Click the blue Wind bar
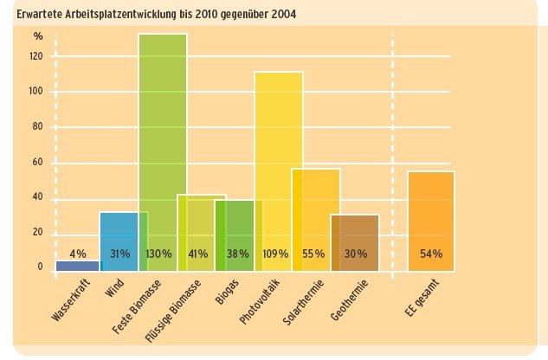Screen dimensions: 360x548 click(x=119, y=234)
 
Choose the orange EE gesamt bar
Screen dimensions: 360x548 click(x=430, y=216)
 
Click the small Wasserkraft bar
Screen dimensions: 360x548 click(x=78, y=267)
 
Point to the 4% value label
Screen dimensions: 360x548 click(x=78, y=254)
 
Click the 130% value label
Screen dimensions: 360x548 click(x=158, y=254)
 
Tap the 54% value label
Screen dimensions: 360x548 click(x=431, y=254)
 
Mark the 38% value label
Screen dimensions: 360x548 click(x=238, y=254)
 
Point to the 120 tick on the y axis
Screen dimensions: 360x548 click(x=35, y=55)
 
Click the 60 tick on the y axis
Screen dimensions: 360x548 click(x=37, y=162)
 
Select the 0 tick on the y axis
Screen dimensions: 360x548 click(x=40, y=267)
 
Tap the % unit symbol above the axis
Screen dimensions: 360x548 click(x=37, y=35)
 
